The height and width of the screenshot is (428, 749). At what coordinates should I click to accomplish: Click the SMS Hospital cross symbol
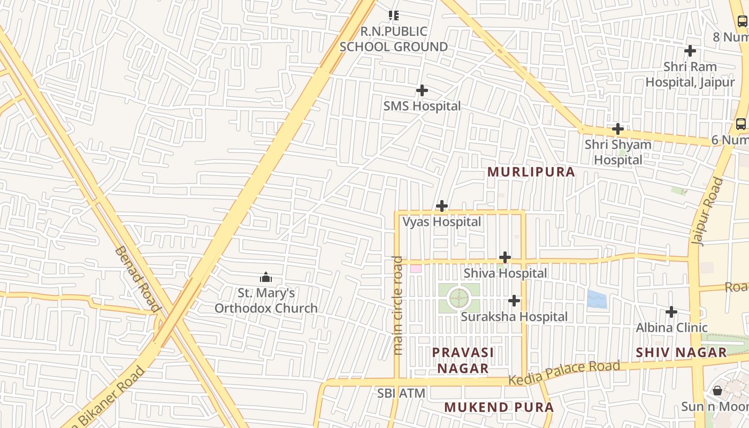[x=422, y=90]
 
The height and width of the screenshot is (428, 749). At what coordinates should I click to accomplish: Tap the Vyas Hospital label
[x=442, y=221]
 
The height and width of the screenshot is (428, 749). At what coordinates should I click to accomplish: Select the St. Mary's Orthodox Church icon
[x=266, y=277]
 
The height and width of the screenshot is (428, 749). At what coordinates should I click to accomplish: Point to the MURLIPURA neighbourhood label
[x=532, y=172]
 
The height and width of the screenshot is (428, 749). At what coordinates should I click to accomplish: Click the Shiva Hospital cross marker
[x=505, y=258]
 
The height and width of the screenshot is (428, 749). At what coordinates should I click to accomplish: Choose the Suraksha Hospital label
[x=514, y=317]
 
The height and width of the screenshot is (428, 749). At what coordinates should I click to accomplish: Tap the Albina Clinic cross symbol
[x=671, y=312]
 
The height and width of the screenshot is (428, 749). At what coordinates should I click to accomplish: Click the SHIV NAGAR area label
[x=682, y=353]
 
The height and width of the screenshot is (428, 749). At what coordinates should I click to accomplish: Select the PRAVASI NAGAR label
[x=463, y=360]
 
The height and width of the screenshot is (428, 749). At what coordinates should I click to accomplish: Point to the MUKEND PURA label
[x=499, y=407]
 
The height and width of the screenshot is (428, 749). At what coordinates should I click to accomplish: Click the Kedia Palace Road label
[x=564, y=373]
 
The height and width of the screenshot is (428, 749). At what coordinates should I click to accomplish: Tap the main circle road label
[x=398, y=305]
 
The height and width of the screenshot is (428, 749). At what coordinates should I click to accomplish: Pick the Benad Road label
[x=137, y=279]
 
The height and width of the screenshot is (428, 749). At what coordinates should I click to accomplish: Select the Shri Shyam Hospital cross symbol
[x=618, y=129]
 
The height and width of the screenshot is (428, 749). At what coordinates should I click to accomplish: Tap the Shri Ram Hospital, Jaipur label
[x=690, y=74]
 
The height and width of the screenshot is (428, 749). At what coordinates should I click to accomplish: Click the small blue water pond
[x=597, y=299]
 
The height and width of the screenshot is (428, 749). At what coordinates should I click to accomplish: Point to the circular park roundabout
[x=458, y=298]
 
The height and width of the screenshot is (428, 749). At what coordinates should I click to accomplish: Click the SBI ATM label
[x=401, y=394]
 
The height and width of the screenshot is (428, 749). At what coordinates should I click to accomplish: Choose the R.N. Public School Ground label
[x=394, y=39]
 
